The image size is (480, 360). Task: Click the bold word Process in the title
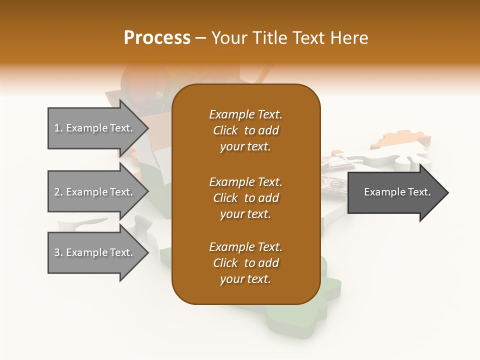[x=157, y=38]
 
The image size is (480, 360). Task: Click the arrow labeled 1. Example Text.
[x=95, y=128]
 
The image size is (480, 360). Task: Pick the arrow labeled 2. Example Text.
[x=95, y=192]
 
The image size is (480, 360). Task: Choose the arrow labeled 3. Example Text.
[x=95, y=252]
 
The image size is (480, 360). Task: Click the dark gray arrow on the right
[x=395, y=192]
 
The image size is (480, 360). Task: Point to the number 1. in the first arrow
[x=58, y=128]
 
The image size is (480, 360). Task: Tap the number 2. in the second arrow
[x=58, y=192]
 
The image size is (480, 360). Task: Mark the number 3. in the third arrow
[x=58, y=252]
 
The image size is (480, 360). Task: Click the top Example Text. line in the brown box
[x=245, y=114]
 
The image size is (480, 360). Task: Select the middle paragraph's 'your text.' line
[x=245, y=214]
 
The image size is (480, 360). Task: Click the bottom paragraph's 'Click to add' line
[x=245, y=263]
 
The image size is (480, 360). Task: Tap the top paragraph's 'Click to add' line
[x=245, y=130]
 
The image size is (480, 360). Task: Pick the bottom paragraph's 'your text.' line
[x=245, y=279]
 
